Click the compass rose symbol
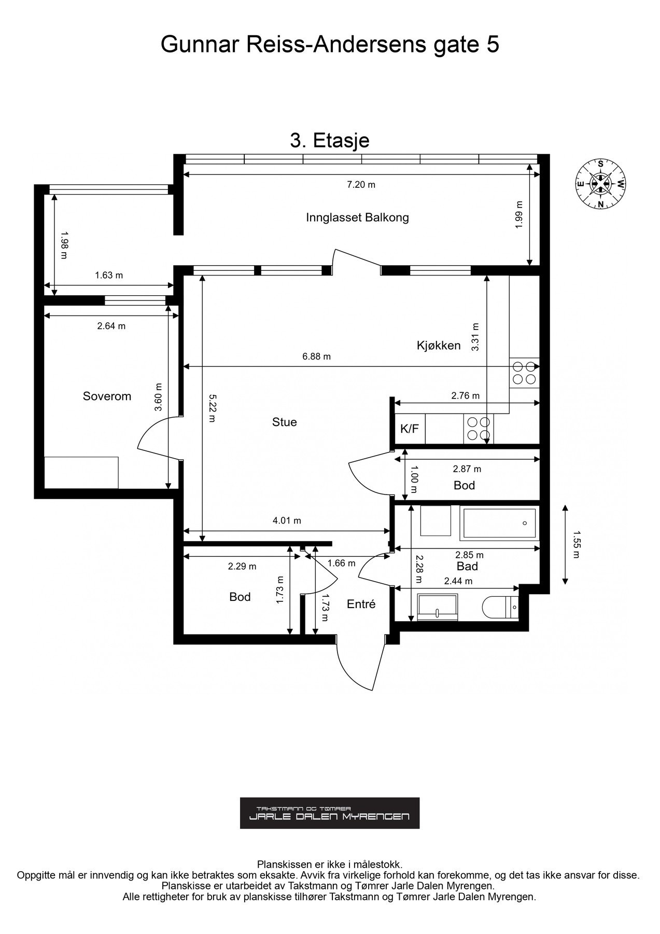[600, 184]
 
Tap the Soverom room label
[107, 396]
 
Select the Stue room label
[285, 422]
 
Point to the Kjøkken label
[439, 346]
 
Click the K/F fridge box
[410, 429]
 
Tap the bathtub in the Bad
[499, 523]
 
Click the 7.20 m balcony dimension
[361, 185]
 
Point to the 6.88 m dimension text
[316, 356]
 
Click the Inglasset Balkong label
[357, 217]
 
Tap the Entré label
[361, 604]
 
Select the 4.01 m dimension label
[287, 521]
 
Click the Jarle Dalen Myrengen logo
[330, 813]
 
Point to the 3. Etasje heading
[330, 141]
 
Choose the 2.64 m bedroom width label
[111, 326]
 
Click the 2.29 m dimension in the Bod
[242, 566]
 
